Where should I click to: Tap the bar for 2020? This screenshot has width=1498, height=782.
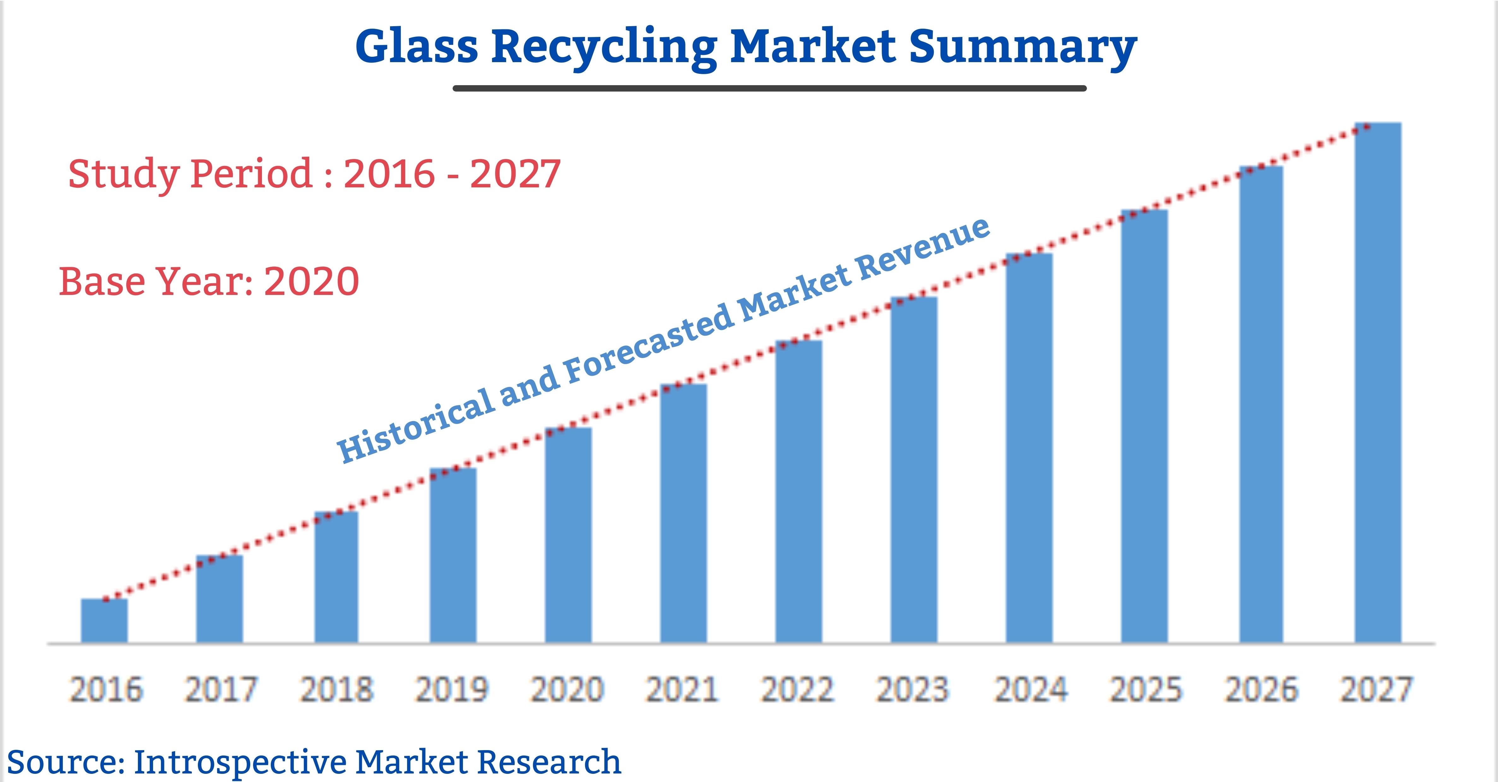click(x=568, y=535)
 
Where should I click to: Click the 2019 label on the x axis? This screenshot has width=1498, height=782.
click(x=452, y=690)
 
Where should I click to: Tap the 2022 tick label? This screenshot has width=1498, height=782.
click(x=797, y=690)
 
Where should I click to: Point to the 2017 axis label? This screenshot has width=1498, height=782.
click(x=221, y=690)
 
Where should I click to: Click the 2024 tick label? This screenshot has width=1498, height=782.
click(x=1030, y=690)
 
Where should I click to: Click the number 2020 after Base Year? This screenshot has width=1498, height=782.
click(x=311, y=281)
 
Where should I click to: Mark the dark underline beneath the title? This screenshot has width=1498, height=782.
click(x=769, y=88)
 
